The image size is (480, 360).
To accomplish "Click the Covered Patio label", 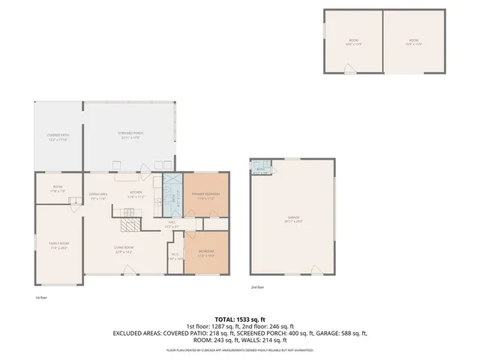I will click(x=58, y=137).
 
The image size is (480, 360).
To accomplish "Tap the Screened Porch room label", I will click(x=130, y=135).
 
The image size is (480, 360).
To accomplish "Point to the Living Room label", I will click(x=124, y=249).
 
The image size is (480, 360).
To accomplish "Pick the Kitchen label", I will click(x=136, y=194).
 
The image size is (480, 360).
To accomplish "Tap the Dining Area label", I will click(x=100, y=196).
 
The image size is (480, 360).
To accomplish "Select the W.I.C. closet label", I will click(x=174, y=256).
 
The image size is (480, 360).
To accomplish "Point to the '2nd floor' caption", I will click(x=258, y=287).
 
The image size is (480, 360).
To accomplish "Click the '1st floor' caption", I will click(x=41, y=297).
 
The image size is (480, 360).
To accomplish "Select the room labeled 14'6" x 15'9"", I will click(x=352, y=42).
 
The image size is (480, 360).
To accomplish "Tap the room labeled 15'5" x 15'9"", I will click(x=413, y=42).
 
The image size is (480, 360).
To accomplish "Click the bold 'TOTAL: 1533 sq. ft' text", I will click(x=239, y=319).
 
